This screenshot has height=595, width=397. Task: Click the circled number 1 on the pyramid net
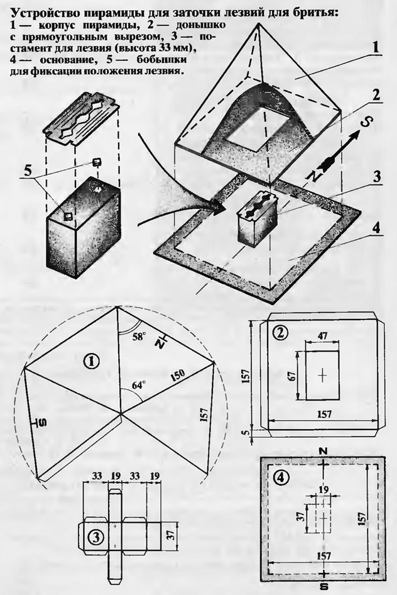click(91, 362)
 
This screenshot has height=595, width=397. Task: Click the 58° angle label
click(139, 336)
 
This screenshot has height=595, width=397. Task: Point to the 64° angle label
click(139, 385)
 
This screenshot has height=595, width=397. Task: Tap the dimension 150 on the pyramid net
click(177, 375)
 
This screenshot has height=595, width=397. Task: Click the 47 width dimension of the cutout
click(323, 335)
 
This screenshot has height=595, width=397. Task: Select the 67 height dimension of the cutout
click(292, 375)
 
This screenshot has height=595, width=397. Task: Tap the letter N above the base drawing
click(323, 451)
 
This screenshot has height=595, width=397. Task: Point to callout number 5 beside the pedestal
click(28, 170)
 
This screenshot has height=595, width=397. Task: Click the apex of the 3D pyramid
click(259, 23)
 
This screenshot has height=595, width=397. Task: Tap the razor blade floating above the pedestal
click(81, 119)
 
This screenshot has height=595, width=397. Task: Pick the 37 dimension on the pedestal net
click(171, 535)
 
